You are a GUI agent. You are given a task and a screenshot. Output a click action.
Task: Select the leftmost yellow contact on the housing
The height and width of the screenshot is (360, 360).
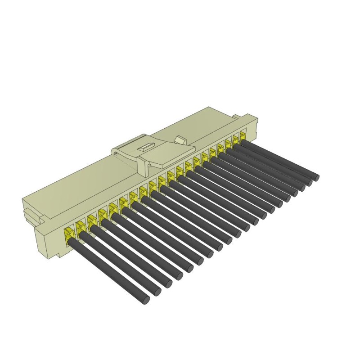(x=69, y=234)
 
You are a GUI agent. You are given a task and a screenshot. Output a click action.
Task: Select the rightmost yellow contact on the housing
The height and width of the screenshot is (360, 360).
(x=243, y=135)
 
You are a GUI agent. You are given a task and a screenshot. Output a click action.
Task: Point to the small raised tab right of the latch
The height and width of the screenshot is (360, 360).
(x=181, y=140)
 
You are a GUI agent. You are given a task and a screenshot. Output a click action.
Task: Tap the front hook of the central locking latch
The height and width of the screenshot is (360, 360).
(x=144, y=166)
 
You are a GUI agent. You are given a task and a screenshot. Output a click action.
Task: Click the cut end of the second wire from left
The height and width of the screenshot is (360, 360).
(x=157, y=292)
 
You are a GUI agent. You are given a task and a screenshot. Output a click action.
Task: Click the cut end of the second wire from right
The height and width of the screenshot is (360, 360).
(x=309, y=183)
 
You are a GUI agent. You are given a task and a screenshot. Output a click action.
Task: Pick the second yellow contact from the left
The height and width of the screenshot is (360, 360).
(x=80, y=226)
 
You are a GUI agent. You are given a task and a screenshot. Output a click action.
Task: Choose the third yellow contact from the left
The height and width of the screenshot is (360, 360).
(x=91, y=220)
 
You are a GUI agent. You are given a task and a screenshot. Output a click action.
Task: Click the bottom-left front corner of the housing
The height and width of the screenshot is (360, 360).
(x=59, y=256)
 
